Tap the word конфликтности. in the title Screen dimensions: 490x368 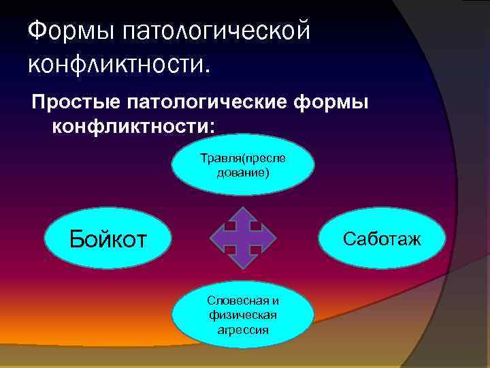pyautogui.click(x=120, y=64)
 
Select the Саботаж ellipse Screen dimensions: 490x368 pyautogui.click(x=382, y=239)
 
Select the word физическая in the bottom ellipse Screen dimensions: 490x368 pyautogui.click(x=244, y=315)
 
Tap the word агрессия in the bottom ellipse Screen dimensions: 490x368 pyautogui.click(x=244, y=329)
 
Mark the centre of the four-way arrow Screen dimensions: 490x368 pyautogui.click(x=243, y=237)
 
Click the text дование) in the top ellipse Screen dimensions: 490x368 pyautogui.click(x=243, y=172)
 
